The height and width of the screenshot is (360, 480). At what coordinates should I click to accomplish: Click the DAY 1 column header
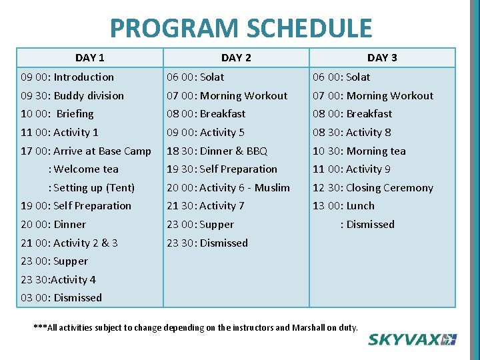coord(89,58)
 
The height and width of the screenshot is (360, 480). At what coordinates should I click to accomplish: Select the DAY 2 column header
coord(236,58)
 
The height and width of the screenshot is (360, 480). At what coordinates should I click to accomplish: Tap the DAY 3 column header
coord(382,58)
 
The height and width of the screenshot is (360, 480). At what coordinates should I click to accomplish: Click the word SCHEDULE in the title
coord(309,29)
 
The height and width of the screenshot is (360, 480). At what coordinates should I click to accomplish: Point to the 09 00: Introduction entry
coord(67,77)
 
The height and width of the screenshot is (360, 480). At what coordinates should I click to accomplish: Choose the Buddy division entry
coord(73,96)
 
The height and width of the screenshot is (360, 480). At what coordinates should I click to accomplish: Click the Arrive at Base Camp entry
coord(86,151)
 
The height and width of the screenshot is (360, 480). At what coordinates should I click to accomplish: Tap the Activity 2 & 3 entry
coord(69,243)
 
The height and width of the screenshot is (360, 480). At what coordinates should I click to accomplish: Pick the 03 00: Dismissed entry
coord(61,298)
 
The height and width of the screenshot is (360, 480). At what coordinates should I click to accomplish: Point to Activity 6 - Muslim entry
coord(228,188)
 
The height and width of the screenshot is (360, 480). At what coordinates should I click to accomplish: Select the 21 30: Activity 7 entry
coord(205,206)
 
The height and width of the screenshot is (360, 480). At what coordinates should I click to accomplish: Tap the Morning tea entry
coord(359,151)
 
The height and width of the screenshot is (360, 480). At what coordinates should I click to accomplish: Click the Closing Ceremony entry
coord(373,188)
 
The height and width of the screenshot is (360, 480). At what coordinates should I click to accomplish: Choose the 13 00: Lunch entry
coord(344,206)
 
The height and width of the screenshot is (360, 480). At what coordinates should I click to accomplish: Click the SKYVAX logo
coord(412,339)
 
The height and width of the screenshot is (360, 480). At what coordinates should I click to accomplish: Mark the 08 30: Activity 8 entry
coord(352,133)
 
